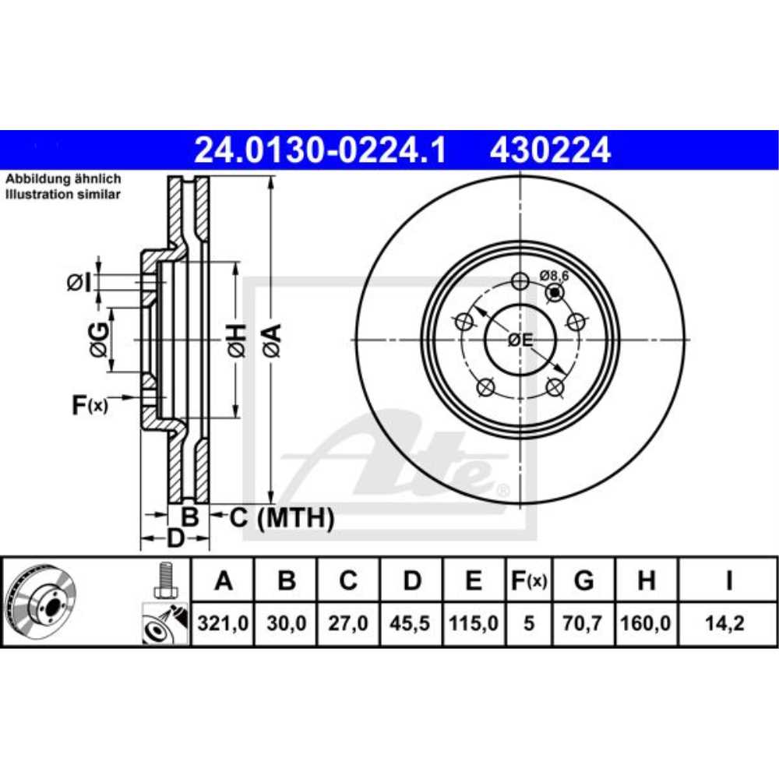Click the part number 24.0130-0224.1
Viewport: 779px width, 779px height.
[320, 150]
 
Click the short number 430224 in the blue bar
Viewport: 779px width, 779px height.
[550, 150]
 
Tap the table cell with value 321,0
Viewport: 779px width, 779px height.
[224, 624]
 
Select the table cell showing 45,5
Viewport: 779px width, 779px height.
[413, 624]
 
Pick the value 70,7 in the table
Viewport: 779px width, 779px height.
[583, 624]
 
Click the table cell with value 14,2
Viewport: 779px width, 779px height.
[728, 624]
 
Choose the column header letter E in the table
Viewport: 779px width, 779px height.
[474, 580]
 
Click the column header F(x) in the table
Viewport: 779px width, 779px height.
[529, 580]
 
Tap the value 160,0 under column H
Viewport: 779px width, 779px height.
[646, 624]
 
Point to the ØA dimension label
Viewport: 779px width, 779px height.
[270, 340]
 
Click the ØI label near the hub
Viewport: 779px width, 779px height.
[79, 283]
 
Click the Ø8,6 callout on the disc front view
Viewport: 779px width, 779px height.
[555, 275]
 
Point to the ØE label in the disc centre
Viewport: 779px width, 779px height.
[520, 340]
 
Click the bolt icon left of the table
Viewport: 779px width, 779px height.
[163, 580]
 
